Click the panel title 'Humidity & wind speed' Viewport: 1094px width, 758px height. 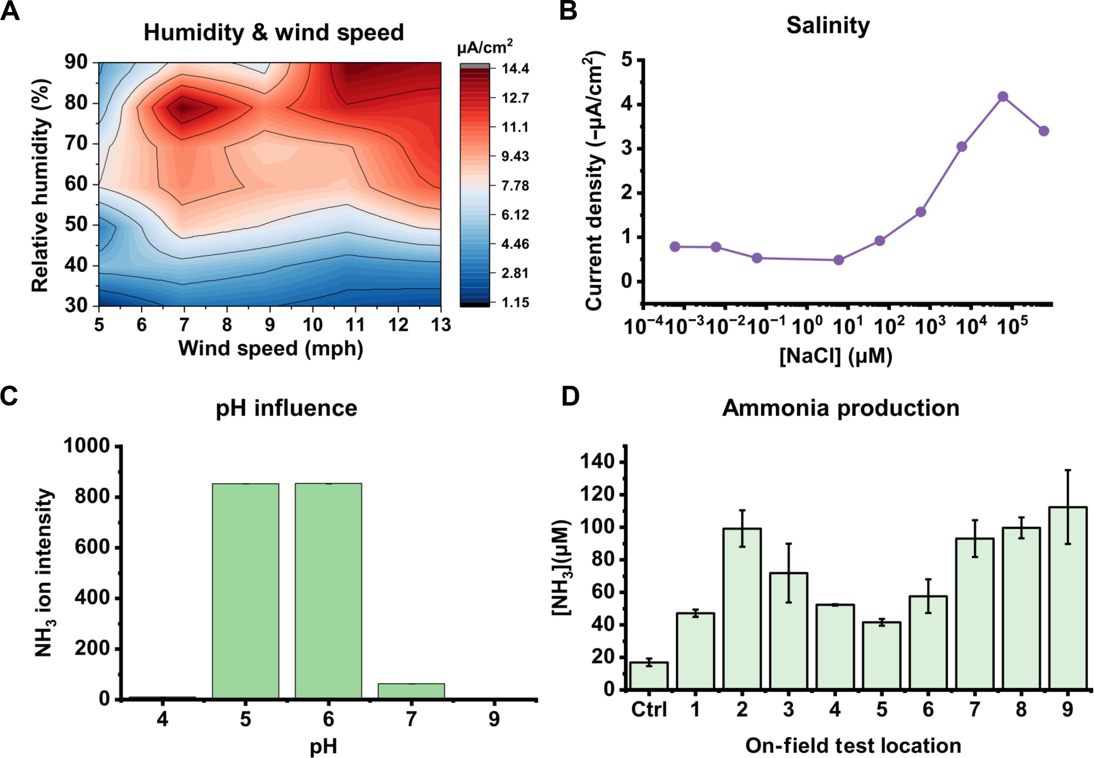click(x=273, y=33)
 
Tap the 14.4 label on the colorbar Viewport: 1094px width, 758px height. click(x=515, y=69)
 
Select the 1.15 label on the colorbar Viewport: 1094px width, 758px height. click(x=515, y=302)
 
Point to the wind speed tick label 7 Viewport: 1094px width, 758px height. click(x=184, y=325)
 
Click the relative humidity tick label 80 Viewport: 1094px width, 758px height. click(x=76, y=103)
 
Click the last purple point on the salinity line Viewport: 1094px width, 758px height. click(x=1044, y=131)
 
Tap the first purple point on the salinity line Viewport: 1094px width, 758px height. click(x=675, y=246)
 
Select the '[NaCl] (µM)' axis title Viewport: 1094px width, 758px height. click(x=835, y=356)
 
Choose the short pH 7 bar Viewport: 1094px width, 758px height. click(x=411, y=691)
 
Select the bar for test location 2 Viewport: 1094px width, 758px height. click(x=742, y=608)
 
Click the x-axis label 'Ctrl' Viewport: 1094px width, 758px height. click(x=649, y=710)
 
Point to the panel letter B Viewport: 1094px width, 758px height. click(x=568, y=11)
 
